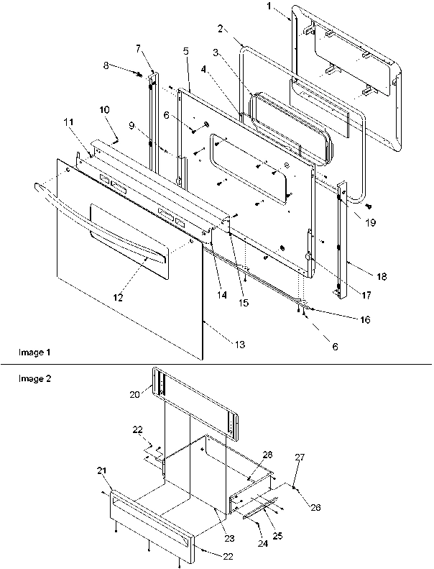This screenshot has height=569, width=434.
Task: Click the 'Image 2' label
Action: (34, 377)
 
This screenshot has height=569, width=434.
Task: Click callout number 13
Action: (240, 345)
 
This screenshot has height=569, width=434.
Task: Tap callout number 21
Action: (101, 470)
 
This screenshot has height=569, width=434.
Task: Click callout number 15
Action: (244, 304)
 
